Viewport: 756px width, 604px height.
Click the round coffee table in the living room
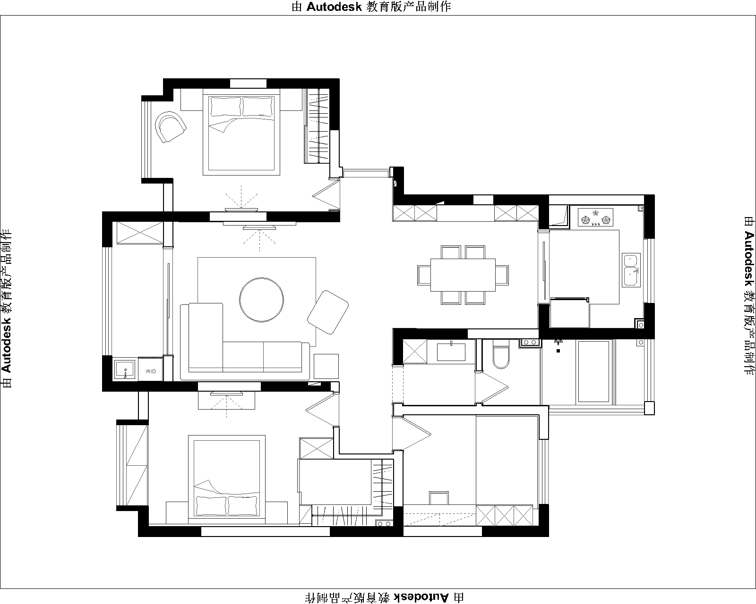261,300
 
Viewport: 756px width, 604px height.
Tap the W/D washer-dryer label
151,371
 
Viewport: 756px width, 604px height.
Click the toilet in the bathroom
501,354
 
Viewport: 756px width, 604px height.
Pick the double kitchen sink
631,270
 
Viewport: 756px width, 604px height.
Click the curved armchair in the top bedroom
171,126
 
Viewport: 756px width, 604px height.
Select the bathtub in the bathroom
593,370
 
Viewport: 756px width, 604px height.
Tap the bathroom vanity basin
451,352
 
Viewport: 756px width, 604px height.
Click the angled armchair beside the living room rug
328,312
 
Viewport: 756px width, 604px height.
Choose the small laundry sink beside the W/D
125,369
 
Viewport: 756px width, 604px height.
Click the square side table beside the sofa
326,366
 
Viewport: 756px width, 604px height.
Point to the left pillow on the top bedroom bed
225,107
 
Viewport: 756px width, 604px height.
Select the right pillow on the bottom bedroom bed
243,506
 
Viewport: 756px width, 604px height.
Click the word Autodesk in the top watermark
334,7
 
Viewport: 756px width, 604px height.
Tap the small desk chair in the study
439,498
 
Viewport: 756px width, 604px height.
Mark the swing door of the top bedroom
326,195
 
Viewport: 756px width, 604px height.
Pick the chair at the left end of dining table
424,275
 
